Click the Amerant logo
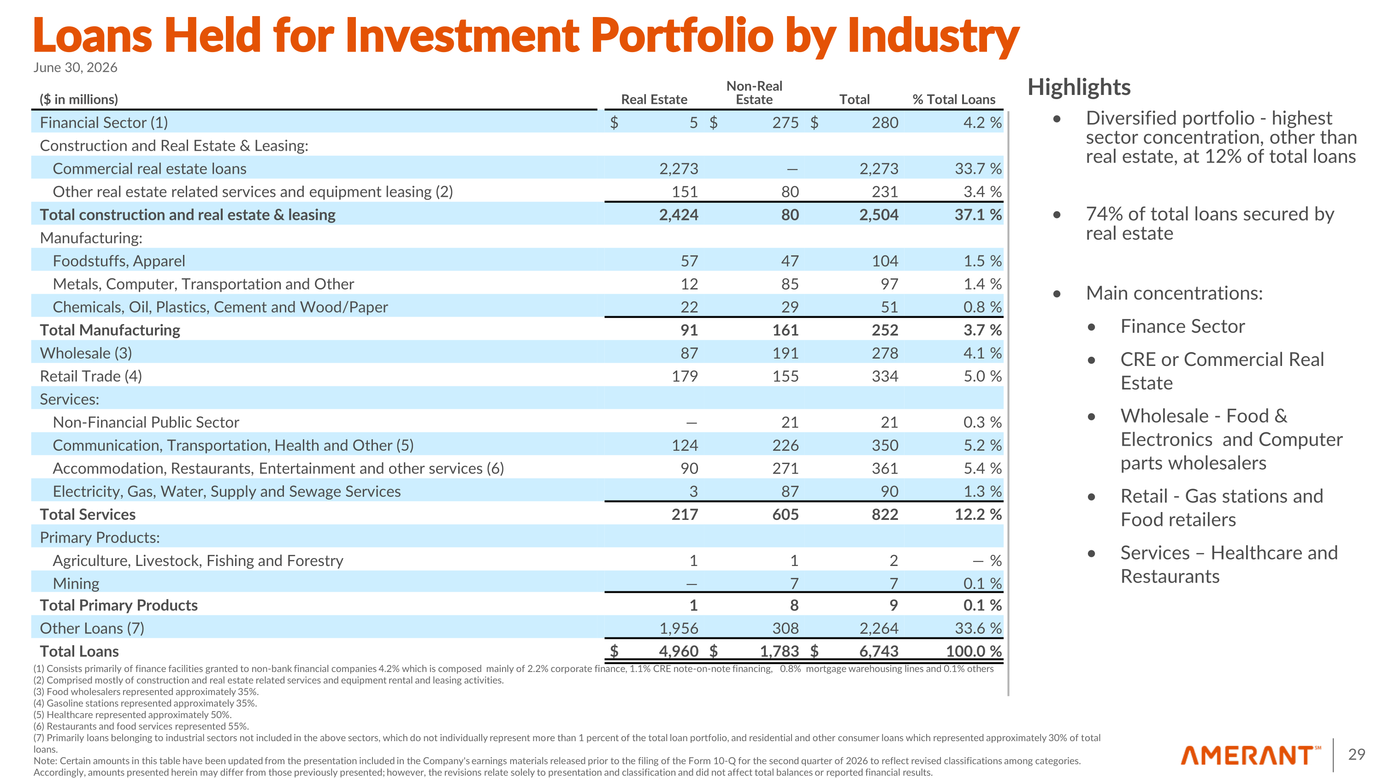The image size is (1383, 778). point(1250,755)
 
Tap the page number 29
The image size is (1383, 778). point(1356,754)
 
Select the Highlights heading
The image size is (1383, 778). point(1079,88)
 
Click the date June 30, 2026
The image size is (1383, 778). point(75,68)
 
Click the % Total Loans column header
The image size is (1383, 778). point(954,100)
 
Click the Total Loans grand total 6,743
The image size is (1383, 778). point(878,651)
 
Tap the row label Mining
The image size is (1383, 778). point(76,583)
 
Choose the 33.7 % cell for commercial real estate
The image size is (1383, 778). point(978,169)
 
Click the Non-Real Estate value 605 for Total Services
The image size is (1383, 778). point(786,514)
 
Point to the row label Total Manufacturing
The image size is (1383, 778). point(110,330)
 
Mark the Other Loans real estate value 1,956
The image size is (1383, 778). point(679,628)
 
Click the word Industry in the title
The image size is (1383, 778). point(934,36)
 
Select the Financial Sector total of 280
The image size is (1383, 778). point(885,123)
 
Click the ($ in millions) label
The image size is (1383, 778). point(78,100)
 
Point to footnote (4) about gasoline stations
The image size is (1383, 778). point(145,703)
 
